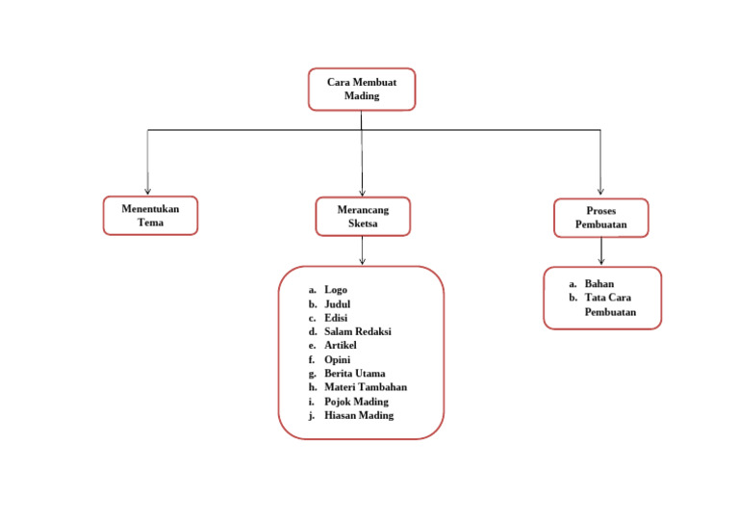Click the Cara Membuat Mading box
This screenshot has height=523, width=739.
click(x=362, y=89)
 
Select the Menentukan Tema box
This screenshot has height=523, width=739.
click(x=150, y=216)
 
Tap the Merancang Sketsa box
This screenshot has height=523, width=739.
click(x=363, y=217)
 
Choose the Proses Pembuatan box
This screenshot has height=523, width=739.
click(x=601, y=218)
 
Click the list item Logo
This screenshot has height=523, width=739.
click(x=336, y=289)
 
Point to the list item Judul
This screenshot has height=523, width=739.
click(x=337, y=303)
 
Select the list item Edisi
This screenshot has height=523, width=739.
click(x=336, y=318)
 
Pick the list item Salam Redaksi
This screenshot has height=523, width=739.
click(x=357, y=331)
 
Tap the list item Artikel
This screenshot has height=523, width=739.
click(x=341, y=345)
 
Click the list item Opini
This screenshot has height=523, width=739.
click(x=337, y=359)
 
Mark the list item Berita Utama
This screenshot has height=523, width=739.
click(x=354, y=373)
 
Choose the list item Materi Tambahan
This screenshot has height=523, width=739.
click(x=365, y=387)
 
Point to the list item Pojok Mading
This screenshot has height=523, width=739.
click(x=356, y=401)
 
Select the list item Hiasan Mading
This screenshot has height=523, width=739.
click(x=358, y=415)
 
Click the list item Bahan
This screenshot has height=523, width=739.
click(x=599, y=284)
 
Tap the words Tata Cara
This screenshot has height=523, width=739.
click(x=607, y=298)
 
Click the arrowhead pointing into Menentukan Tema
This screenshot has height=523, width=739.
click(x=147, y=190)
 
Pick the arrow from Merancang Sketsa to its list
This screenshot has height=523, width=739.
click(x=363, y=250)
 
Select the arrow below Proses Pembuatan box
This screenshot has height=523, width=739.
click(x=601, y=251)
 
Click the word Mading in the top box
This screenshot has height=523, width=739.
click(x=362, y=96)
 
